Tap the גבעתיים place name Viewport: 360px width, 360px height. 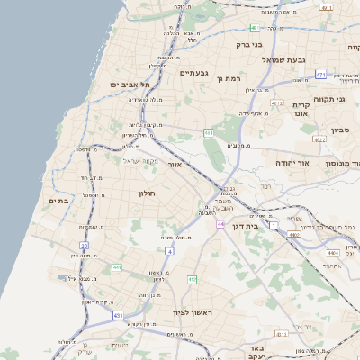pyautogui.click(x=194, y=73)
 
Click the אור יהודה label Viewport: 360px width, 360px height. pyautogui.click(x=296, y=162)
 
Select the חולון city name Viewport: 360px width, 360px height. pyautogui.click(x=148, y=193)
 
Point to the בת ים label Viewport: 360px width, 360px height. pyautogui.click(x=58, y=201)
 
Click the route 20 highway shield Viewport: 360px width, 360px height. pyautogui.click(x=85, y=245)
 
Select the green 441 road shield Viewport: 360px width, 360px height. pyautogui.click(x=209, y=133)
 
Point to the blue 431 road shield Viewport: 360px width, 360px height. pyautogui.click(x=118, y=315)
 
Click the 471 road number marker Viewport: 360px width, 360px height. pyautogui.click(x=320, y=74)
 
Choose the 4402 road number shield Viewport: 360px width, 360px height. pyautogui.click(x=294, y=234)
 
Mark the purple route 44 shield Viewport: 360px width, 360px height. pyautogui.click(x=220, y=222)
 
